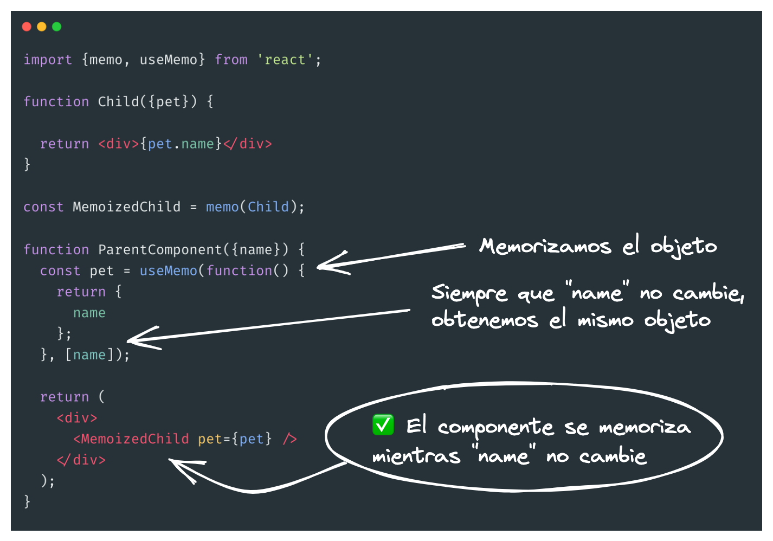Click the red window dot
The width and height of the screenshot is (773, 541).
27,27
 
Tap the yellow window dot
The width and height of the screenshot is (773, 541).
42,27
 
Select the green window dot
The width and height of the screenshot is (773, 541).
57,27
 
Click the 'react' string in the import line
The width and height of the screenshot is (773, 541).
285,60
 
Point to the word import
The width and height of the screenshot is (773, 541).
48,60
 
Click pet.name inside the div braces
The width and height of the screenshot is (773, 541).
181,144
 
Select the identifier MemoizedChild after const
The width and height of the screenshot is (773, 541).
126,207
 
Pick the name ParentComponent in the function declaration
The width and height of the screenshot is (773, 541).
160,249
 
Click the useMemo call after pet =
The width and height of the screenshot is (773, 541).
169,270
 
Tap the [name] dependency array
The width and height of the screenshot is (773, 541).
89,355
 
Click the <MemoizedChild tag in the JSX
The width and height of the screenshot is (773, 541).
131,439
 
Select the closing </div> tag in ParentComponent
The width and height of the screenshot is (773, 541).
81,460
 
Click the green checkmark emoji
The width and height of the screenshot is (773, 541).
383,425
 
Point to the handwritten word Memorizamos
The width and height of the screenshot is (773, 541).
545,247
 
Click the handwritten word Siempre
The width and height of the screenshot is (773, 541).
469,294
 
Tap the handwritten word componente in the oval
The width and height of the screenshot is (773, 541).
495,428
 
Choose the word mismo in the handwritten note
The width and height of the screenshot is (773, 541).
605,320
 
